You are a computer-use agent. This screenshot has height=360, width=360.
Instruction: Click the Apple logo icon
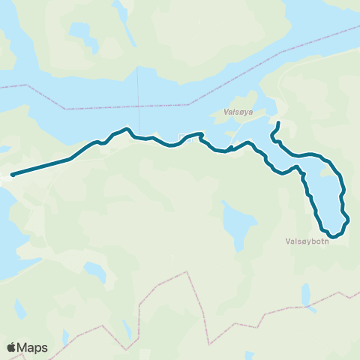click(11, 347)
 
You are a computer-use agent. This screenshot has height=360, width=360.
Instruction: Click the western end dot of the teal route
click(13, 175)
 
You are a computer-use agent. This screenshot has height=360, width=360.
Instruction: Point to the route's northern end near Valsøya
click(278, 123)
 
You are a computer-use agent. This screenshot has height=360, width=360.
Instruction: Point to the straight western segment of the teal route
click(42, 166)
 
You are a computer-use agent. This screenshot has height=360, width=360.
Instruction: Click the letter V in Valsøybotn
click(288, 242)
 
